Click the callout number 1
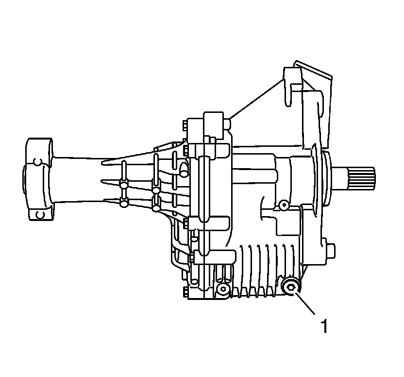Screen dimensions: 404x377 coord(325,326)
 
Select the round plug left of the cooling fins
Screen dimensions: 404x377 coord(223,289)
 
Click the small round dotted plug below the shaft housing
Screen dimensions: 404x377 coord(284,205)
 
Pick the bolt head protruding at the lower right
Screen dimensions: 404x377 coord(331,251)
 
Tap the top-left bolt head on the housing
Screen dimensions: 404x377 coord(185,126)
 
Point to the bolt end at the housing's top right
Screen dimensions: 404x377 coord(227,123)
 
